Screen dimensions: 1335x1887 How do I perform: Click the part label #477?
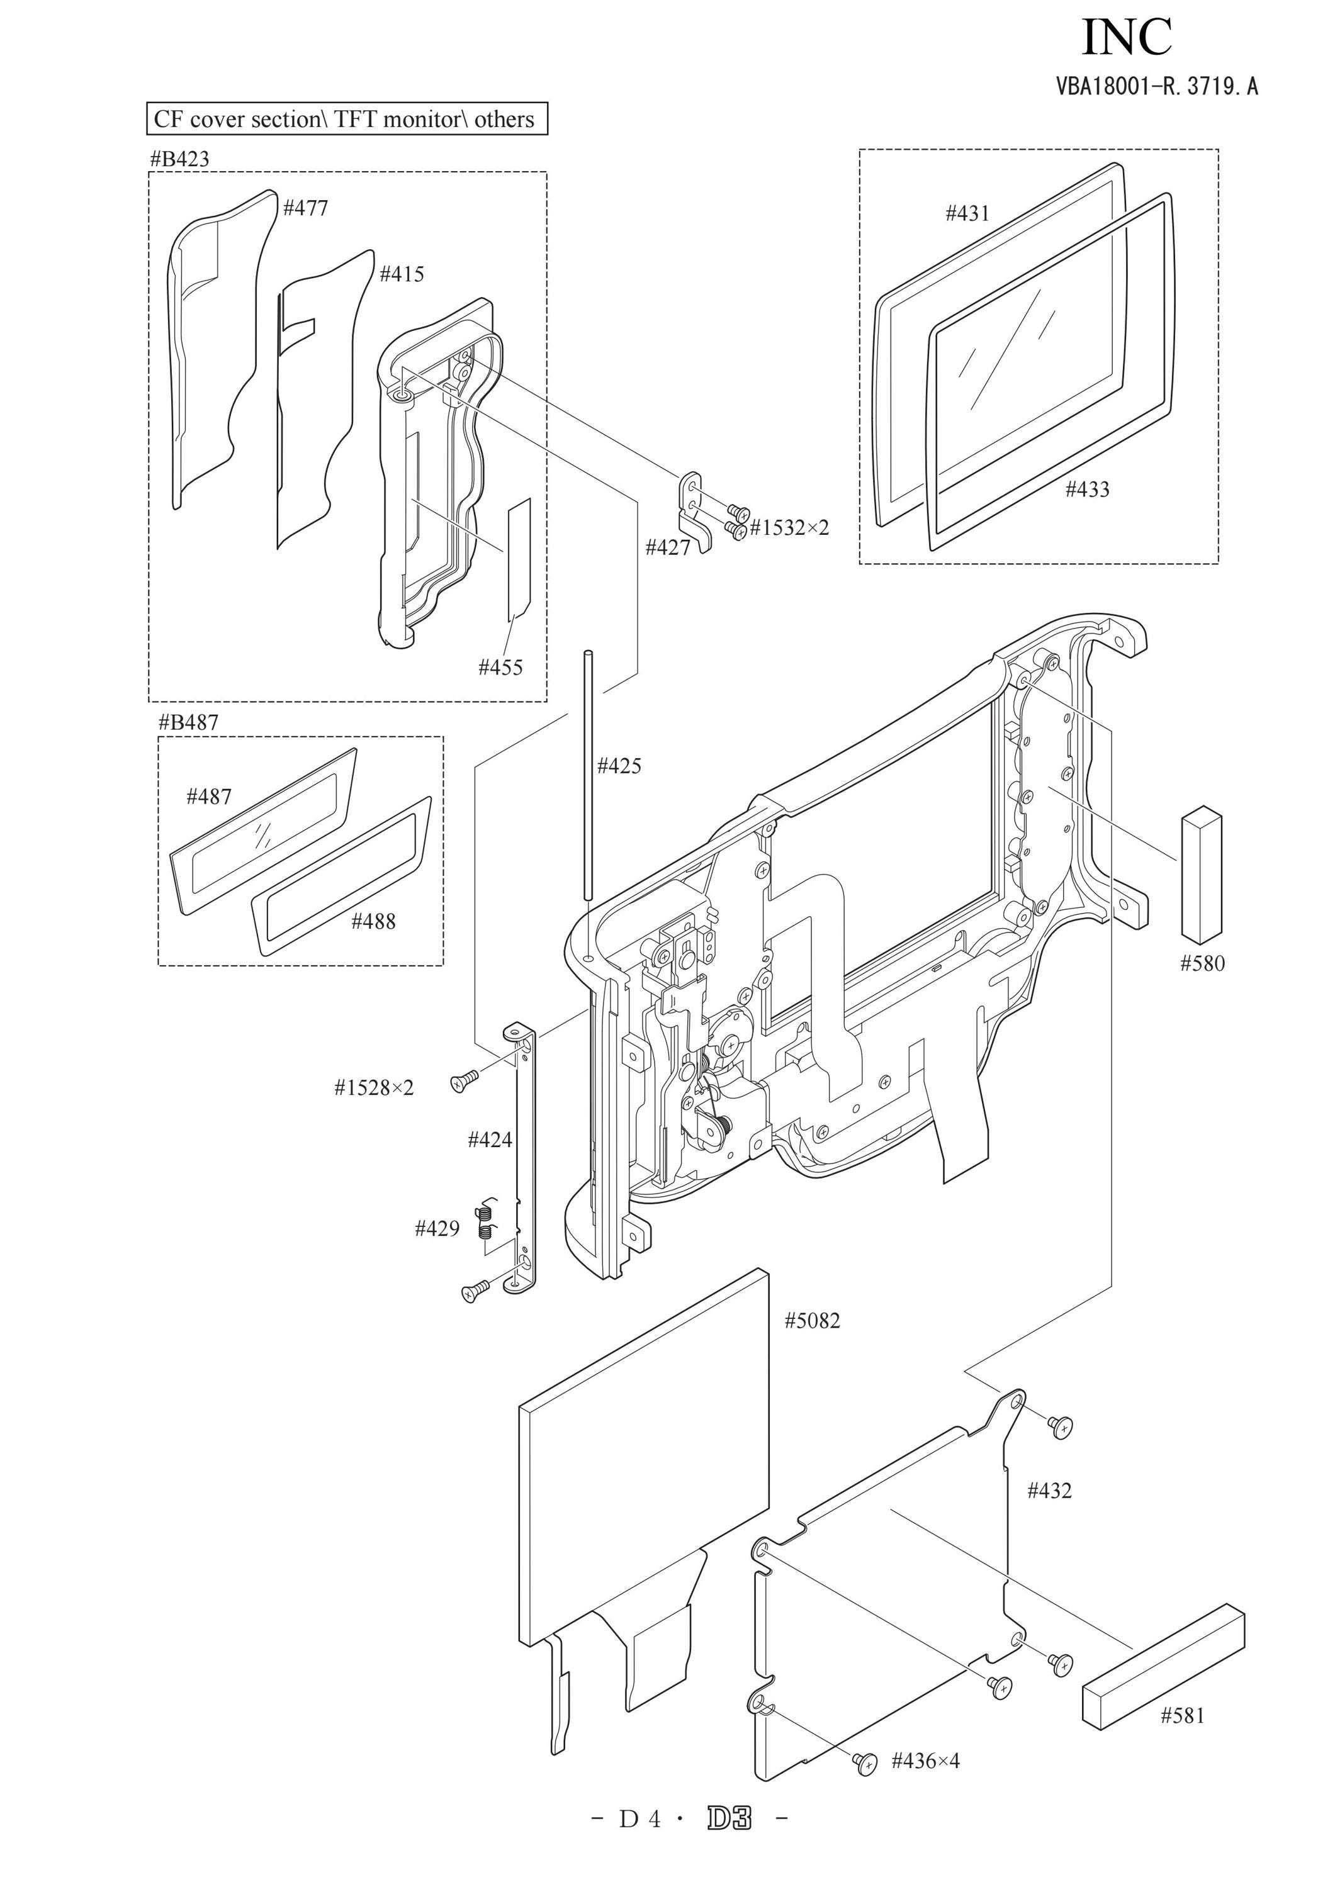306,208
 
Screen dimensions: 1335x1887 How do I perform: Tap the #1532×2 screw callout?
789,528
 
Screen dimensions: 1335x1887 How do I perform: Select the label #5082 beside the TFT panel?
812,1321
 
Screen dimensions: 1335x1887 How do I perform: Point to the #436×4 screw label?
926,1761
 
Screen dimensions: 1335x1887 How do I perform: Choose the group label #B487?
188,722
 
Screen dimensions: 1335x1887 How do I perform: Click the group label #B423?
179,159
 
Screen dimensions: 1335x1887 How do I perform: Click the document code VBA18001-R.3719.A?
1158,86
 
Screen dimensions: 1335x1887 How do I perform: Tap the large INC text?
1127,37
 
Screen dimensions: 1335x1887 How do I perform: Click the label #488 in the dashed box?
373,921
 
